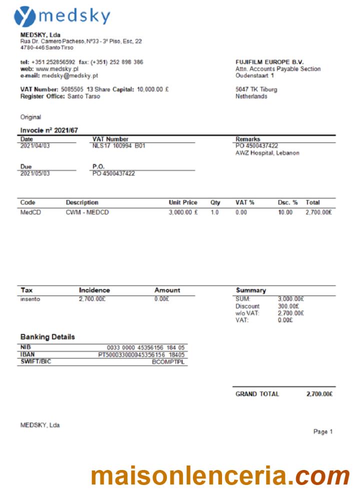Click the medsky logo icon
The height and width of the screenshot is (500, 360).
coord(24,16)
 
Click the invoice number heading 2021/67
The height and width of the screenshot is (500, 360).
coord(49,130)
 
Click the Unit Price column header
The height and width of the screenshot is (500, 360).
coord(183,202)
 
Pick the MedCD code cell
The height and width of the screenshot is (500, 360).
coord(29,212)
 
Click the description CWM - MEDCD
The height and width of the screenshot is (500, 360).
coord(87,212)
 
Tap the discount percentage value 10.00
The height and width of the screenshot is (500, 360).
coord(285,212)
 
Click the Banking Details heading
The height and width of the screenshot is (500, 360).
coord(47,337)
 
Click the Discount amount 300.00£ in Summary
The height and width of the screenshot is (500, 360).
coord(288,306)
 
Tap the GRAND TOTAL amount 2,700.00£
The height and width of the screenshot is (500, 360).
coord(319,394)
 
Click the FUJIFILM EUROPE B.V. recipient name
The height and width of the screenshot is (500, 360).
coord(269,62)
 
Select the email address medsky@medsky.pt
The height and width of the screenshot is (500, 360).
coord(70,75)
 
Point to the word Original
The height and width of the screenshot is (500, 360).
coord(30,116)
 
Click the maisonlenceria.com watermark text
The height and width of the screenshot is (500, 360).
coord(220,476)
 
